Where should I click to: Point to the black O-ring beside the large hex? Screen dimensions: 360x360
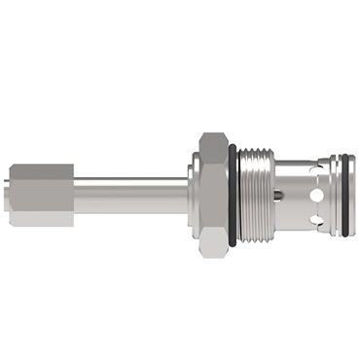tap(233, 194)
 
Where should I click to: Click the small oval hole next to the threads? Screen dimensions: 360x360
tap(280, 196)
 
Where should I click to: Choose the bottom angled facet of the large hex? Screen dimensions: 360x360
tap(211, 242)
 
